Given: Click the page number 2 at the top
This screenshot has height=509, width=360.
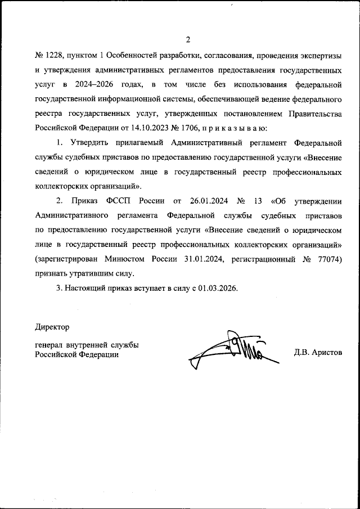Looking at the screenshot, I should click(188, 39).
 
